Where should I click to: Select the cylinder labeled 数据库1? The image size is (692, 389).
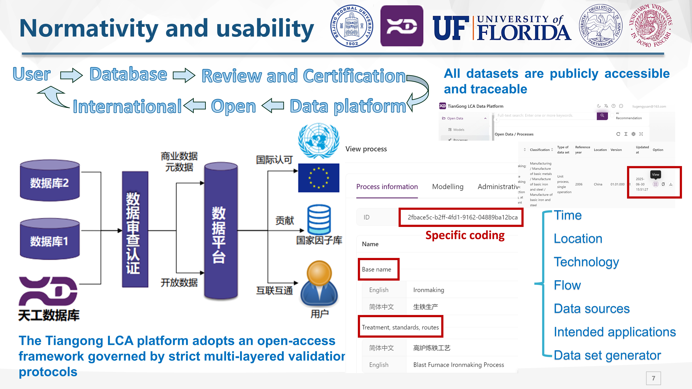[50, 239]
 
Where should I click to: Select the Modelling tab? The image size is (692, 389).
[448, 187]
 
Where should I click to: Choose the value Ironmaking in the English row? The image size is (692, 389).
[428, 290]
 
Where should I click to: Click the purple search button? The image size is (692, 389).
[602, 115]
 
